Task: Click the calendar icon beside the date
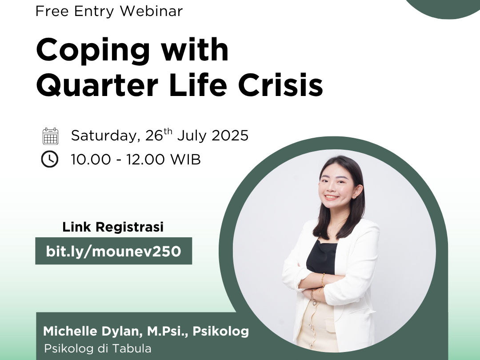point(51,136)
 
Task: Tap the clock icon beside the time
point(50,159)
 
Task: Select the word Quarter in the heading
point(97,84)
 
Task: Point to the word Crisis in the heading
point(280,84)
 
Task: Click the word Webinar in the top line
point(151,11)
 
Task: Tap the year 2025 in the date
point(230,135)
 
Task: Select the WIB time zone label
point(185,159)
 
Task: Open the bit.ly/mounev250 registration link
point(114,251)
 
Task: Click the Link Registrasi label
point(113,227)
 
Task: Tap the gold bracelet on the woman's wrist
point(323,280)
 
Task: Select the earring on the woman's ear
point(356,195)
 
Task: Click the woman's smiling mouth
point(332,197)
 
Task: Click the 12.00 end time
point(146,159)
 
